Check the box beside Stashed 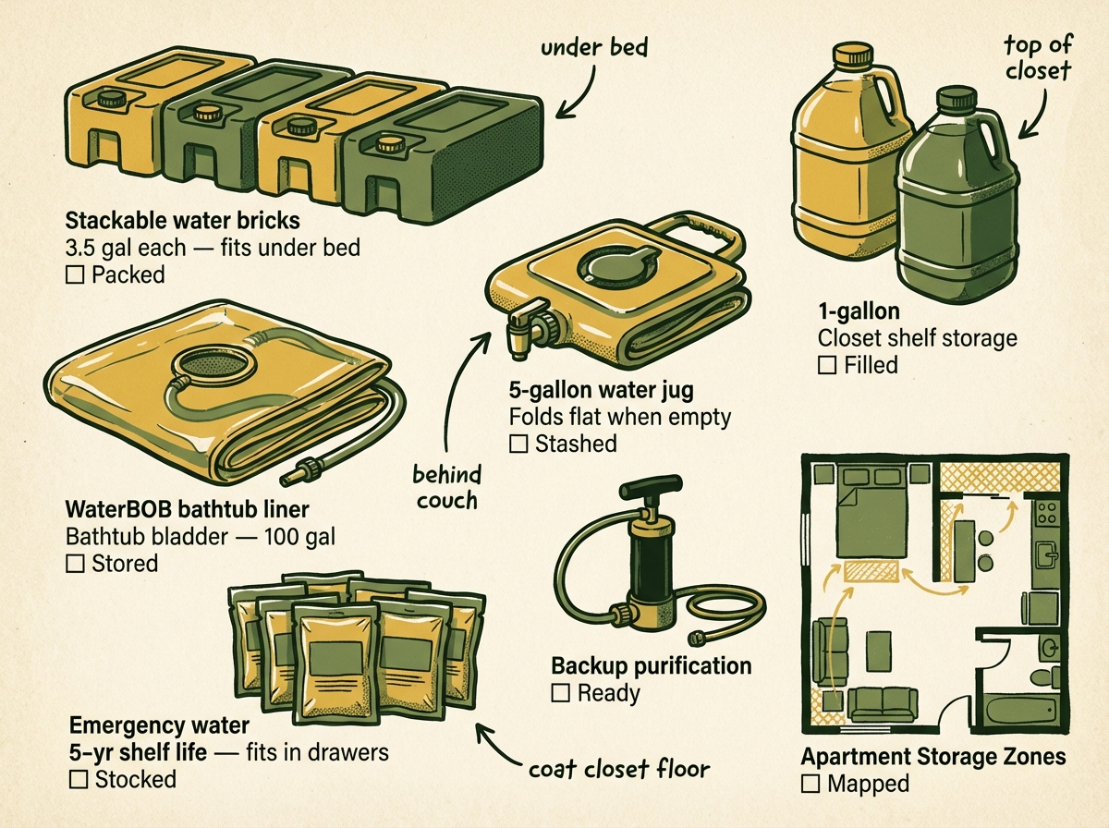tap(518, 444)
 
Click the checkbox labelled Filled tap(827, 366)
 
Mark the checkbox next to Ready tap(560, 693)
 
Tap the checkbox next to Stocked tap(77, 779)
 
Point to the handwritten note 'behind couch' tap(447, 487)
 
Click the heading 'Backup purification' tap(651, 666)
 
